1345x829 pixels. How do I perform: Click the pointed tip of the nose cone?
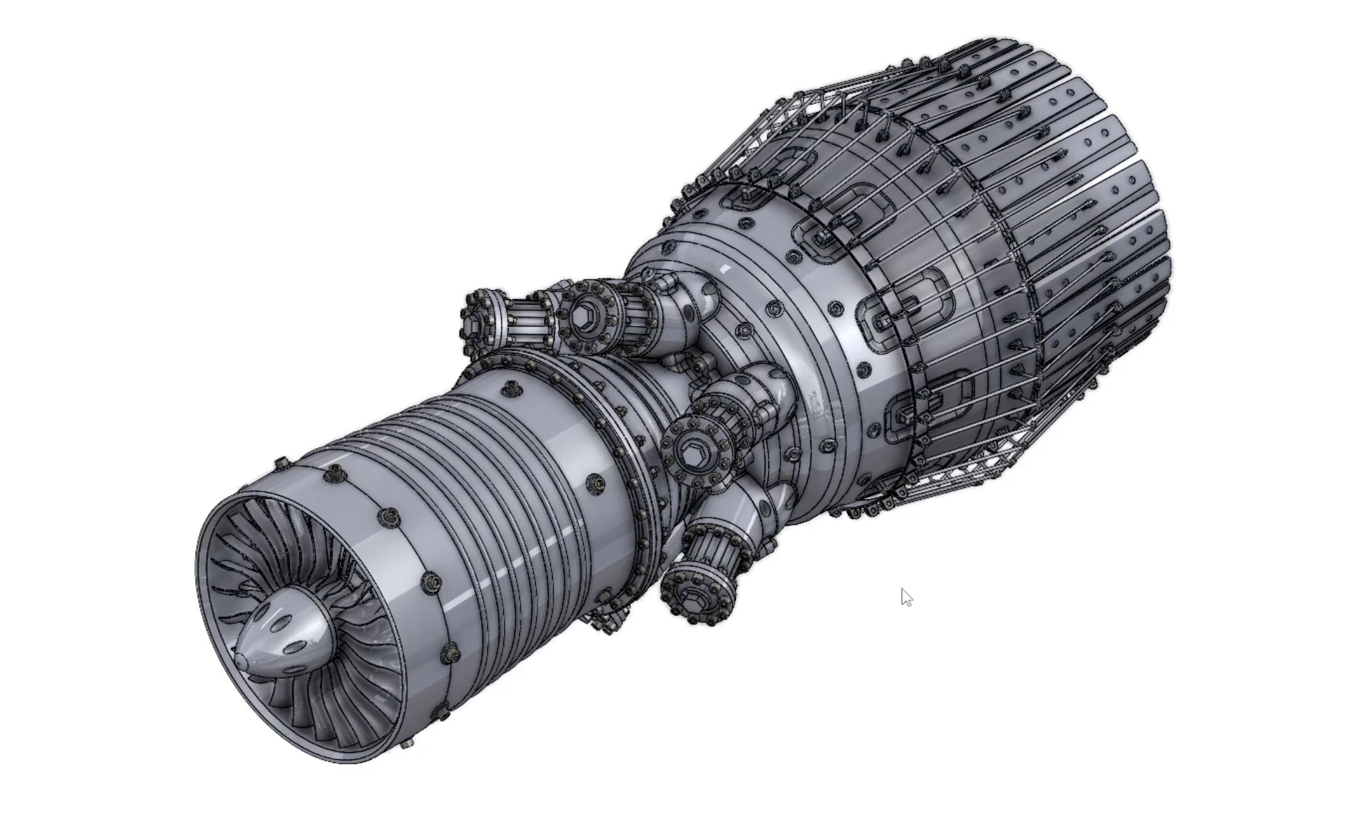pos(240,660)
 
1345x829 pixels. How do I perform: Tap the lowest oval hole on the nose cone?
pos(292,648)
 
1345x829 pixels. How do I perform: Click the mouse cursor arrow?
pos(905,596)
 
